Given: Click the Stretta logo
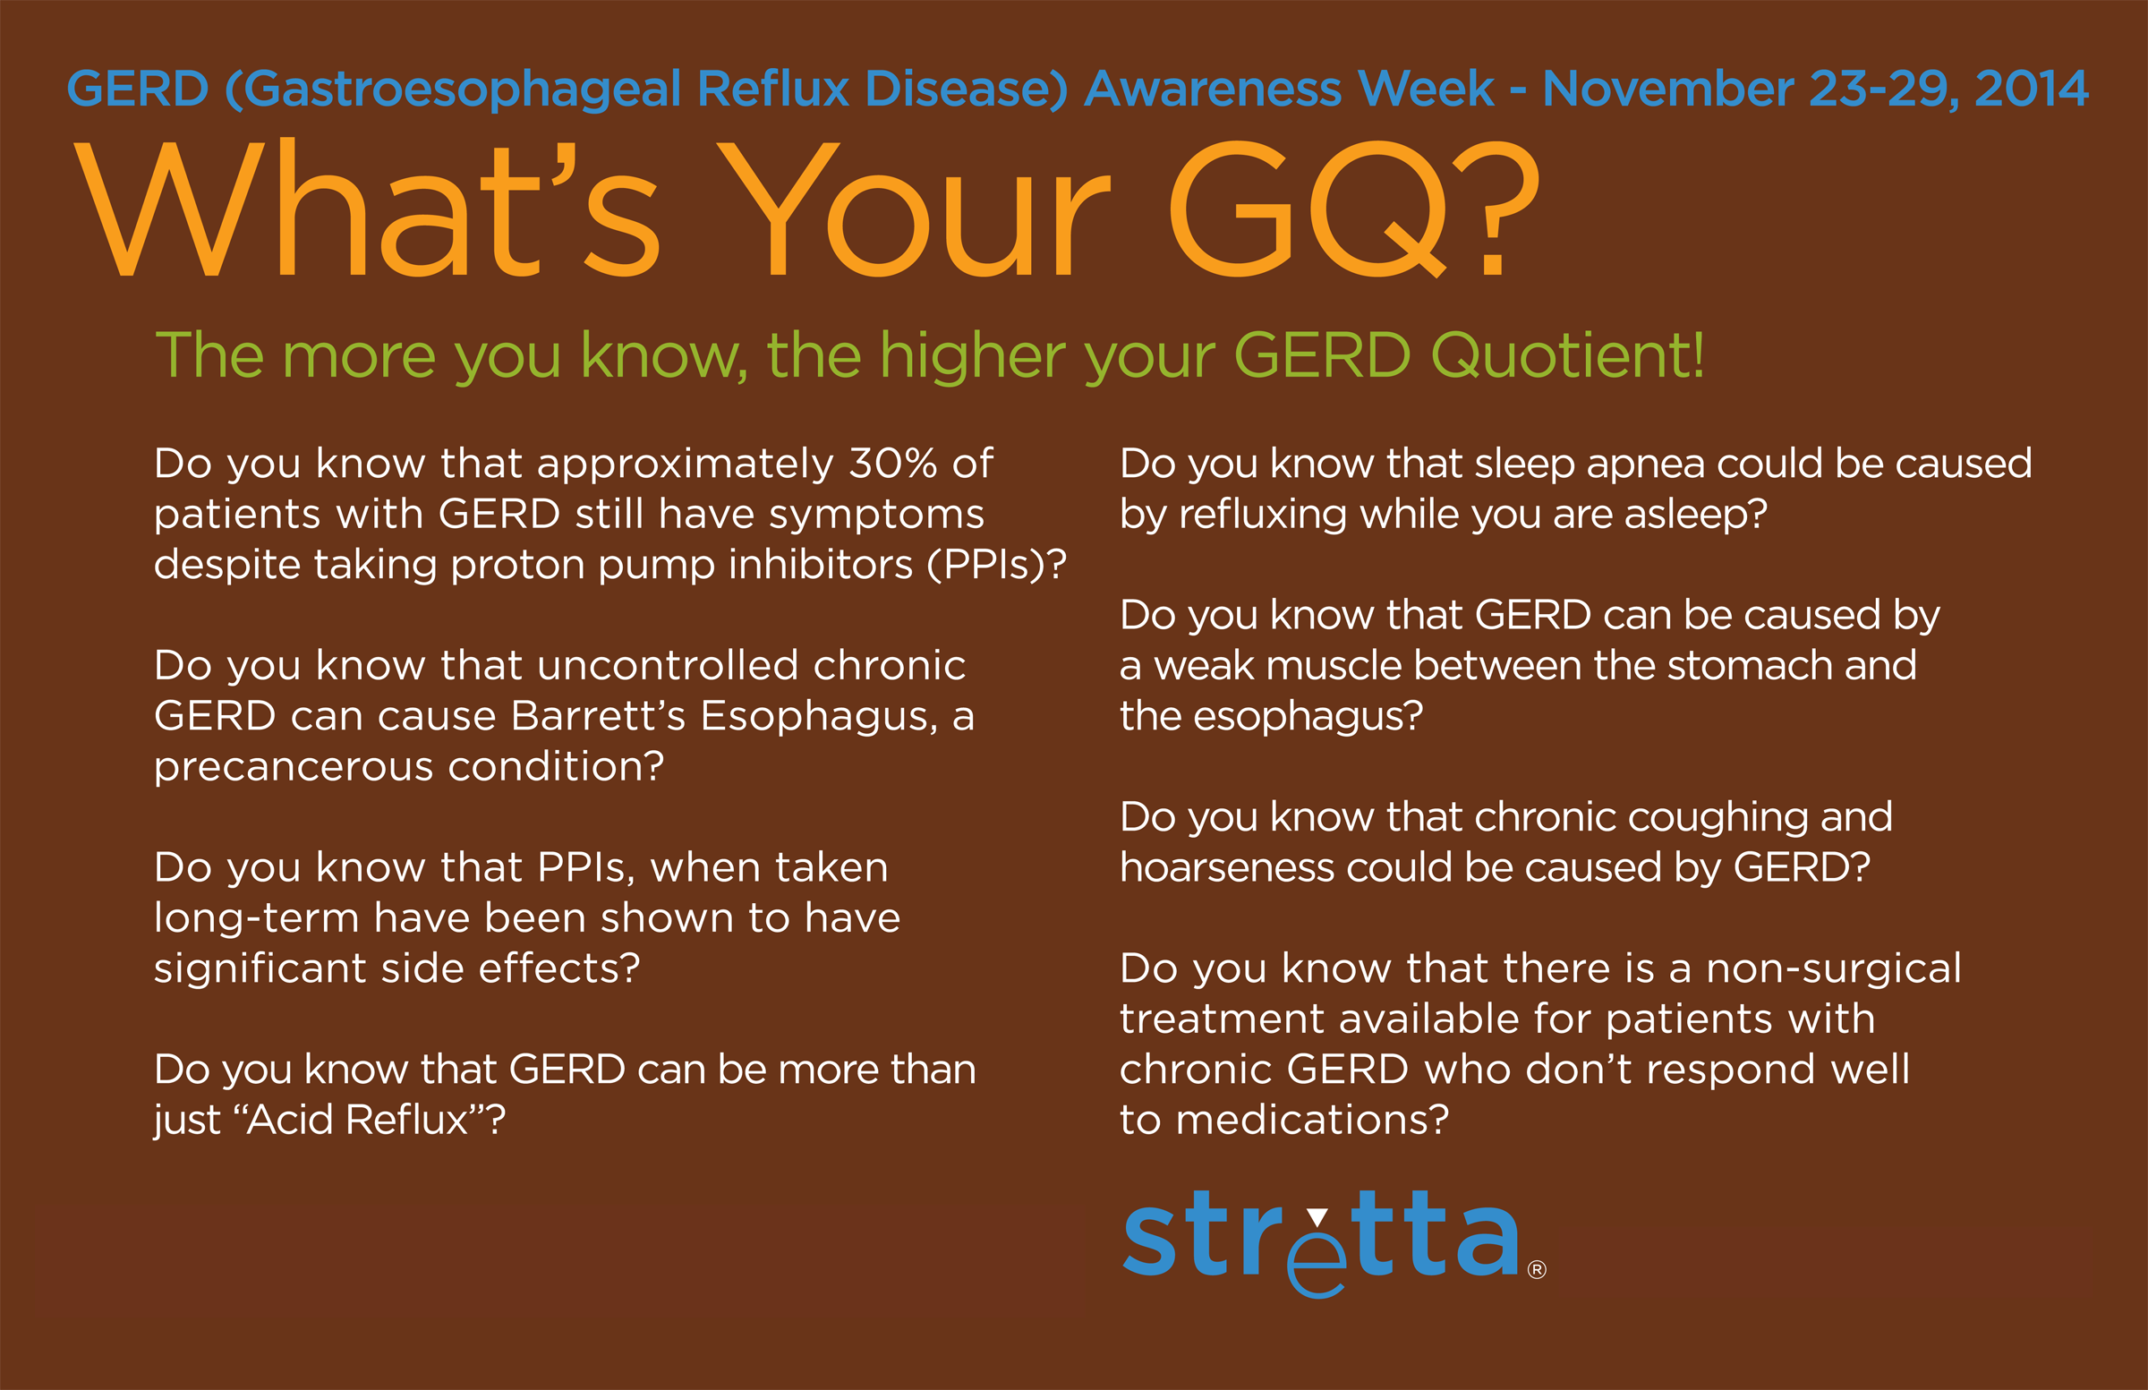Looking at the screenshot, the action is pyautogui.click(x=1334, y=1243).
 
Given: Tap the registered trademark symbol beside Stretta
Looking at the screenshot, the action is pyautogui.click(x=1537, y=1270).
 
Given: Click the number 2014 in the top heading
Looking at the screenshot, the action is pyautogui.click(x=2031, y=89).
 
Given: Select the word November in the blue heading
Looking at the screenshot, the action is pyautogui.click(x=1668, y=89).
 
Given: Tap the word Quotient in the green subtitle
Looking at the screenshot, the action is pyautogui.click(x=1569, y=354).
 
